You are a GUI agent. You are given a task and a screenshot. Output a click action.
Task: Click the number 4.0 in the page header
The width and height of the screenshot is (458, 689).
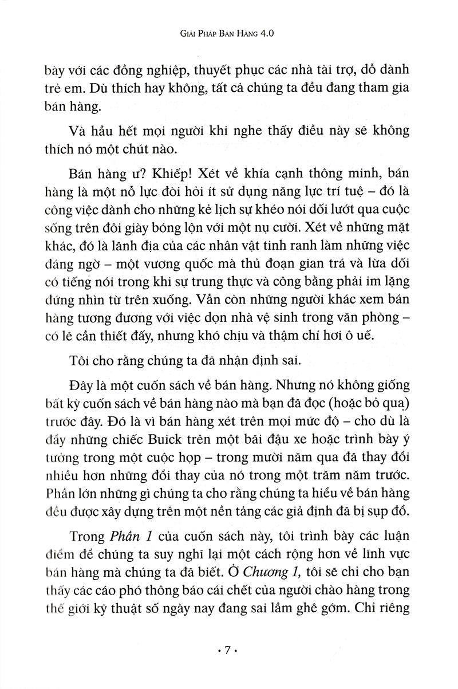click(x=267, y=34)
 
